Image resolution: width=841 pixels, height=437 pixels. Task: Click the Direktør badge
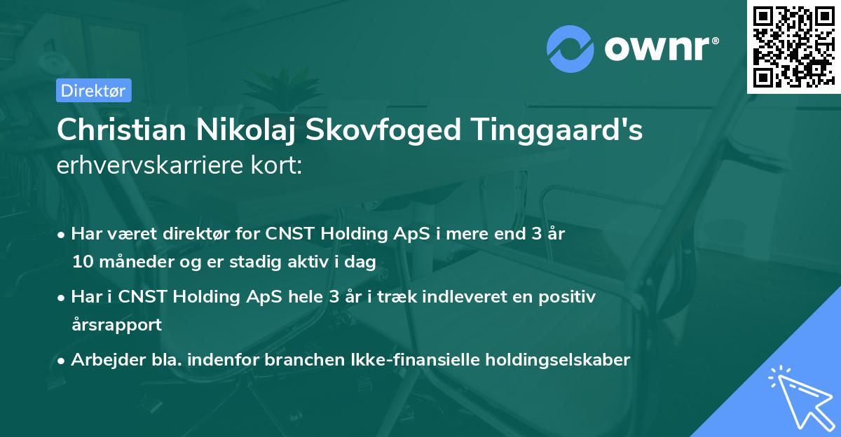[x=93, y=90]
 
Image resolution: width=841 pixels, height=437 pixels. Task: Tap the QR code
[x=793, y=47]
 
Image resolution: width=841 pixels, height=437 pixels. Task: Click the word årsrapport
[x=116, y=325]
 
